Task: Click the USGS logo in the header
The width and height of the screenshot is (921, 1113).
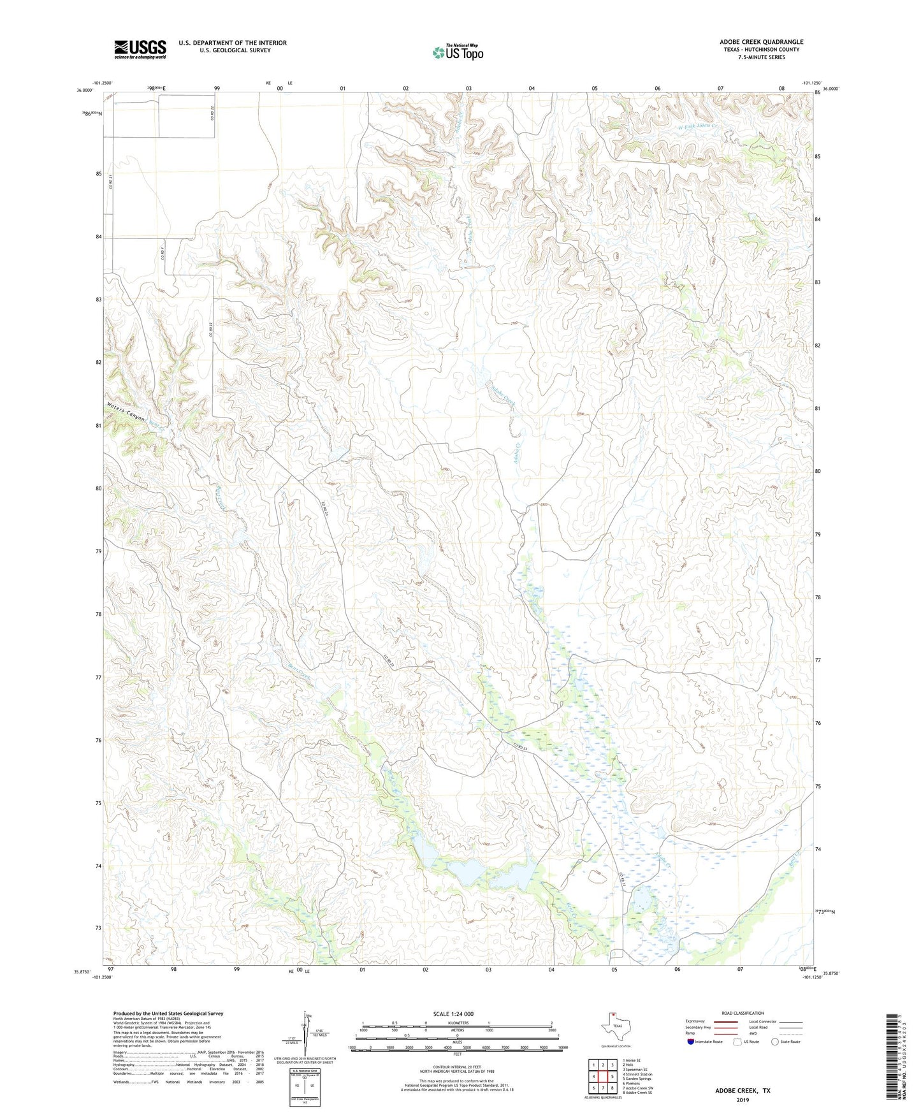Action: (x=140, y=49)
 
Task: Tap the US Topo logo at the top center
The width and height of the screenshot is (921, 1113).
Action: (x=458, y=52)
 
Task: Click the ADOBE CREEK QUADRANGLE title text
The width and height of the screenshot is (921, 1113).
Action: (x=761, y=42)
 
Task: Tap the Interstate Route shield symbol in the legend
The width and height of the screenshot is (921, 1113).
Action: (x=691, y=1042)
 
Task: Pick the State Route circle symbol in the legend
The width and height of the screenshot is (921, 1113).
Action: (x=775, y=1042)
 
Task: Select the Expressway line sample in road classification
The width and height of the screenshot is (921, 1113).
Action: (x=725, y=1021)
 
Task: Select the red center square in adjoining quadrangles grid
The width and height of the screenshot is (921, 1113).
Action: (x=602, y=1077)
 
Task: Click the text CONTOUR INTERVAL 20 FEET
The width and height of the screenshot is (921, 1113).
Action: (x=457, y=1066)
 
